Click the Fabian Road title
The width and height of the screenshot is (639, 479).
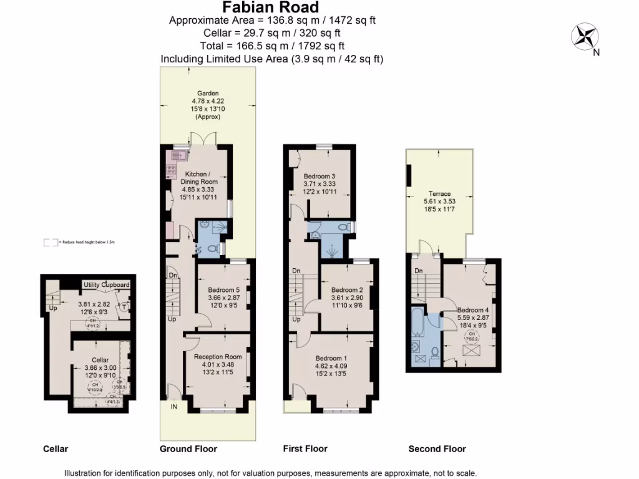271,7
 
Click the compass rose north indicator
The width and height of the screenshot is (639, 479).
585,36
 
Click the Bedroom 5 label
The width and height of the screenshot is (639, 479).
223,289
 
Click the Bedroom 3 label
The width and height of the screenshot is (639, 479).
319,176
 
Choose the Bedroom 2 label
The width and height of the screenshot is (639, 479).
347,290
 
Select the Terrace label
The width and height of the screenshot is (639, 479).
439,194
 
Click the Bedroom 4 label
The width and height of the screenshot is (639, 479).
472,310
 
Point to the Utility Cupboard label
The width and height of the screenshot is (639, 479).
107,285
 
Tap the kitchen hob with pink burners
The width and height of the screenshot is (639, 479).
172,167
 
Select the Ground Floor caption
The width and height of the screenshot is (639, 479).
188,449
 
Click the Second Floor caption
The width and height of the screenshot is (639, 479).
437,449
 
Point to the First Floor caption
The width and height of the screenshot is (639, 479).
306,449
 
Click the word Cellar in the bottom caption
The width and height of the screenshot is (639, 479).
56,449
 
